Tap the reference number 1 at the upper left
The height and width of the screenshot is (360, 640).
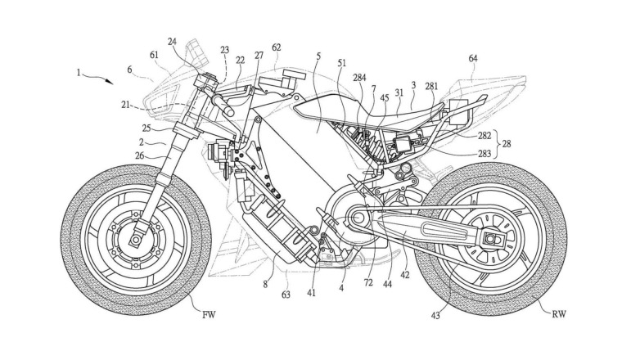click(79, 72)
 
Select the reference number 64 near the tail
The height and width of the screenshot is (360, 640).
click(473, 58)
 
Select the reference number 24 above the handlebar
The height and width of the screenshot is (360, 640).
click(173, 40)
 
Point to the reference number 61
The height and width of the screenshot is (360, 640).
click(155, 55)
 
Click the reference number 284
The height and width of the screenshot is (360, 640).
click(358, 78)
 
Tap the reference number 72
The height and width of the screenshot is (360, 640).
click(367, 283)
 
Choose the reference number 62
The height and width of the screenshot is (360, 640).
click(276, 47)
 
